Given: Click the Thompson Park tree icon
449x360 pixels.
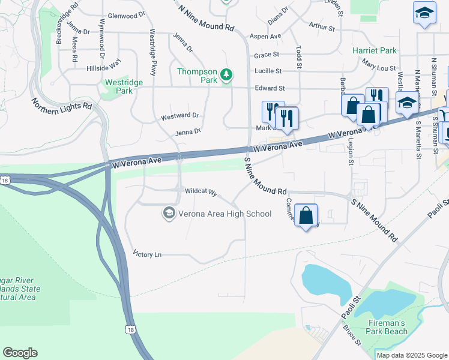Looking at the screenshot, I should click(226, 75).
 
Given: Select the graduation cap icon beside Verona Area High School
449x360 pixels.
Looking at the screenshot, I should click(169, 214).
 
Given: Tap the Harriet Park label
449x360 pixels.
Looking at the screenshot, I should click(375, 51).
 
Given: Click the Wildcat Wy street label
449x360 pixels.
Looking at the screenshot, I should click(200, 192).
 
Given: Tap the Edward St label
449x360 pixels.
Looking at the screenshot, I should click(270, 88).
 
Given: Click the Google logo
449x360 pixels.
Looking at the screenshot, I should click(20, 353).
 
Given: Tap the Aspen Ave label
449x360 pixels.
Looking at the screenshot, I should click(265, 37).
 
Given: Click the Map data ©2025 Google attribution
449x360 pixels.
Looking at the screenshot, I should click(411, 355).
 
